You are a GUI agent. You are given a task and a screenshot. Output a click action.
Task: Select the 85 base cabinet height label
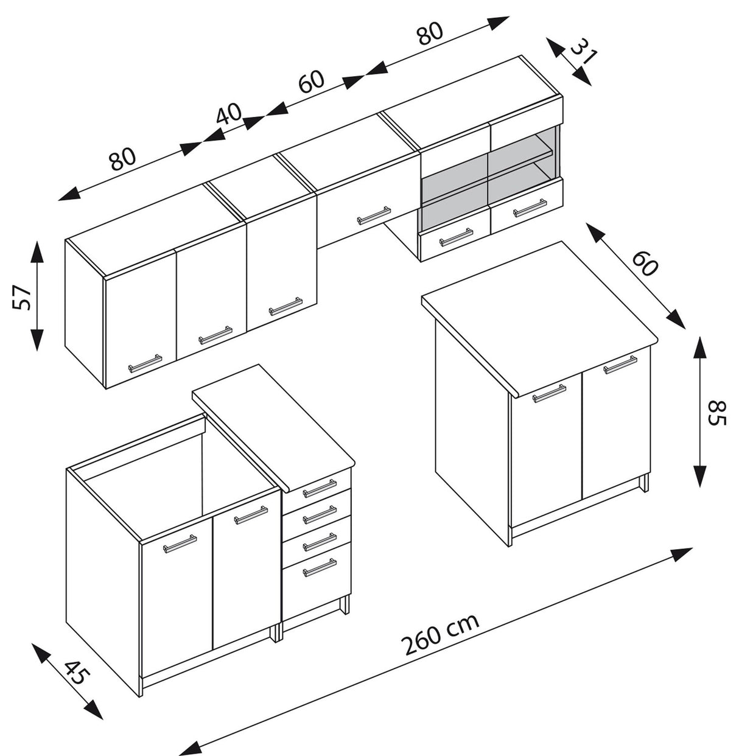(x=716, y=414)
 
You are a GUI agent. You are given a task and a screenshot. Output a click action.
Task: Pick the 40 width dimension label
(x=229, y=114)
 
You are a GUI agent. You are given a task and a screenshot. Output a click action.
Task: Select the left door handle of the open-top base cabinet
(x=180, y=543)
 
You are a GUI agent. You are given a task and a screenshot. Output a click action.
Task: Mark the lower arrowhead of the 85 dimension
(x=701, y=475)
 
